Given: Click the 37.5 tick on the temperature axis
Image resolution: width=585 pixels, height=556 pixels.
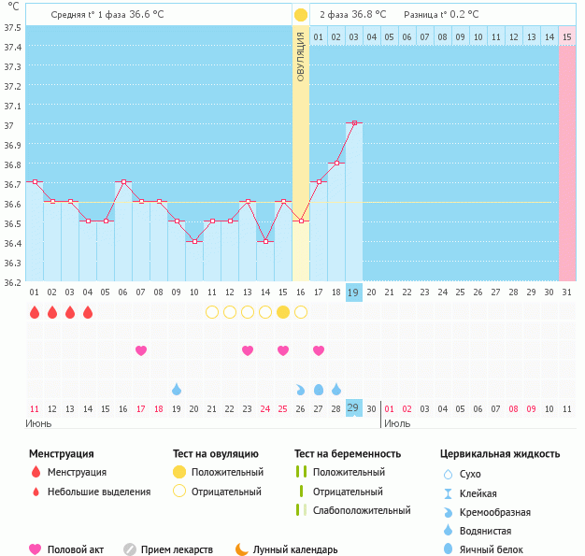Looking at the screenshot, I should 12,27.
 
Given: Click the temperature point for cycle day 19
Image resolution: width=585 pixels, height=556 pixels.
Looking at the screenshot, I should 353,122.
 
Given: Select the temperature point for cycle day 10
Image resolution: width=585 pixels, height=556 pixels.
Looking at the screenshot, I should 193,241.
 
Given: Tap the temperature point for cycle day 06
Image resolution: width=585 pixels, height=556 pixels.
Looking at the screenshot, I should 122,182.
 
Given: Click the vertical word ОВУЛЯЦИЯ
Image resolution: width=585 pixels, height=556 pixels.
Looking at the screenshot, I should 301,56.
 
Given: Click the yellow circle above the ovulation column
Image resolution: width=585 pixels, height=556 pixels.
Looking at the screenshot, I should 301,15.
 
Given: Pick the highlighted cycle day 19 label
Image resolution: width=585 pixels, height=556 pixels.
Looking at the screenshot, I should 353,292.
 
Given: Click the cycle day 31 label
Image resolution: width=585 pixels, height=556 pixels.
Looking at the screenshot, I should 566,292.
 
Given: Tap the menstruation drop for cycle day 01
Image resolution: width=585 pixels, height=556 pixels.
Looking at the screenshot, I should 34,312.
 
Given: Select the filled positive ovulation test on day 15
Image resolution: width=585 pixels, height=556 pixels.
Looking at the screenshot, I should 282,312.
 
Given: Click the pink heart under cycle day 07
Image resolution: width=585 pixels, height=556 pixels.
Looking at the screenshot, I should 141,350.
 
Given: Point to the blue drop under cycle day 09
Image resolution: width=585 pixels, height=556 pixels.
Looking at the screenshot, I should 176,389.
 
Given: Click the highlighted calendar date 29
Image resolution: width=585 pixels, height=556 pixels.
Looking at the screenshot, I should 353,408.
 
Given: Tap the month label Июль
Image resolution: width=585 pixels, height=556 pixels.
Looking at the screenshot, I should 396,424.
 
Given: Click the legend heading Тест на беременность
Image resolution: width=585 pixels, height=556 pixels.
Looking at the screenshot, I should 347,454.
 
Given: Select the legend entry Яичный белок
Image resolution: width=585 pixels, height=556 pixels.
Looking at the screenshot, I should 491,550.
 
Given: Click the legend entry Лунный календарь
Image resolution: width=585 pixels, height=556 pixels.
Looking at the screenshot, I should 292,550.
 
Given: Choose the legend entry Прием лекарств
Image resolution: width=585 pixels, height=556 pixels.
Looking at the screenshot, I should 177,550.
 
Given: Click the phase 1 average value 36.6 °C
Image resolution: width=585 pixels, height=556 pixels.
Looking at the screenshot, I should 151,15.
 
